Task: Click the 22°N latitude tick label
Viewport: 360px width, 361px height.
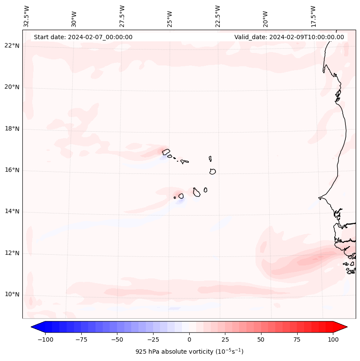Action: [x=12, y=46]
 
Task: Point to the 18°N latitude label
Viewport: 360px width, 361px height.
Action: [x=12, y=129]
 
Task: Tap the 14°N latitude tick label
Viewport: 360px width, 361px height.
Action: [x=12, y=212]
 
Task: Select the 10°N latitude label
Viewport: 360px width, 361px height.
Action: [x=12, y=295]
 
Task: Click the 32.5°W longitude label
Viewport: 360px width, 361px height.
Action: [x=27, y=16]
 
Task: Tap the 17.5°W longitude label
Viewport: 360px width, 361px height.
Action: [x=313, y=16]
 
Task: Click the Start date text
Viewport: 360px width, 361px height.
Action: [x=83, y=37]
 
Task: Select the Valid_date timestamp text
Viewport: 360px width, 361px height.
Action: [x=289, y=37]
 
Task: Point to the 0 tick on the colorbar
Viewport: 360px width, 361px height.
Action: [x=189, y=339]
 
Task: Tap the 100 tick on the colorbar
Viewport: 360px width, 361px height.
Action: [x=333, y=339]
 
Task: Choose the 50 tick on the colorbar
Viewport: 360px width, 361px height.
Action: [x=261, y=339]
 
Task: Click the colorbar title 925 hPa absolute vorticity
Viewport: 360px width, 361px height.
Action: [x=189, y=352]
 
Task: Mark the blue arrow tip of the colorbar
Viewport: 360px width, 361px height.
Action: [x=34, y=327]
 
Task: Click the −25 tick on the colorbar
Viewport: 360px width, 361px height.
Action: [x=153, y=339]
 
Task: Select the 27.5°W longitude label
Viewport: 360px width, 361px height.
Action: [x=122, y=16]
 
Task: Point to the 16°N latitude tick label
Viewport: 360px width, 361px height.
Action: [x=12, y=170]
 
